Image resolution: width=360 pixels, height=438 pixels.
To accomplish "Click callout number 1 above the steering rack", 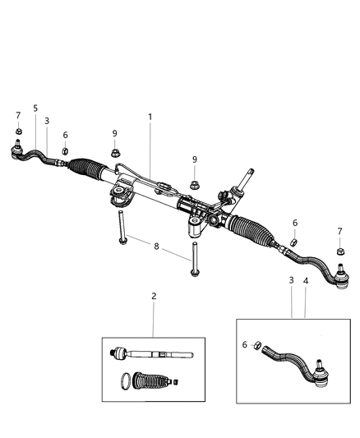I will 150,118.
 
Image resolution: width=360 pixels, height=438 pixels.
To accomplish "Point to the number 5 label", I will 35,108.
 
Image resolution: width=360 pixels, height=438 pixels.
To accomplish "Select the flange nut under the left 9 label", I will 115,151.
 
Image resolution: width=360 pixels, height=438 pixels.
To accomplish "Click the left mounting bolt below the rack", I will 121,227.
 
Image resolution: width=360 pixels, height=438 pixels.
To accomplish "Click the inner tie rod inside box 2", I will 152,355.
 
